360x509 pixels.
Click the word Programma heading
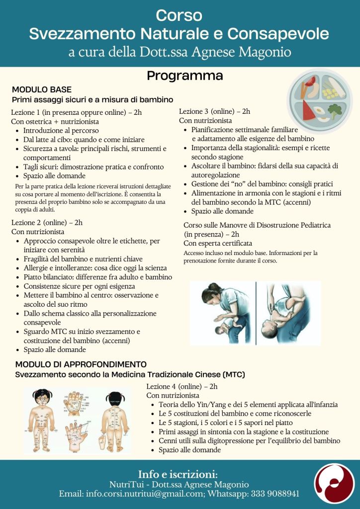(184, 76)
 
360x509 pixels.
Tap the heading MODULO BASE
(42, 89)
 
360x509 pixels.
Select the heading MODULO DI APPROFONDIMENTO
(81, 364)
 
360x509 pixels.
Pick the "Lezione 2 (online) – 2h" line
(47, 222)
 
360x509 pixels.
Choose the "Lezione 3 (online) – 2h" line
(214, 111)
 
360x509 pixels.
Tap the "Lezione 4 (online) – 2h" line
(182, 386)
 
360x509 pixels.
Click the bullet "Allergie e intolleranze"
(94, 268)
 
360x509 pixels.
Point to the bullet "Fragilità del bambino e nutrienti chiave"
(83, 259)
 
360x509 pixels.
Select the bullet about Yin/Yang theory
(248, 405)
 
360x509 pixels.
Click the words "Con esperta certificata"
(218, 243)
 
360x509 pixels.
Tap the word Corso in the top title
(179, 15)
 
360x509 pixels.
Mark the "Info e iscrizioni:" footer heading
(178, 474)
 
